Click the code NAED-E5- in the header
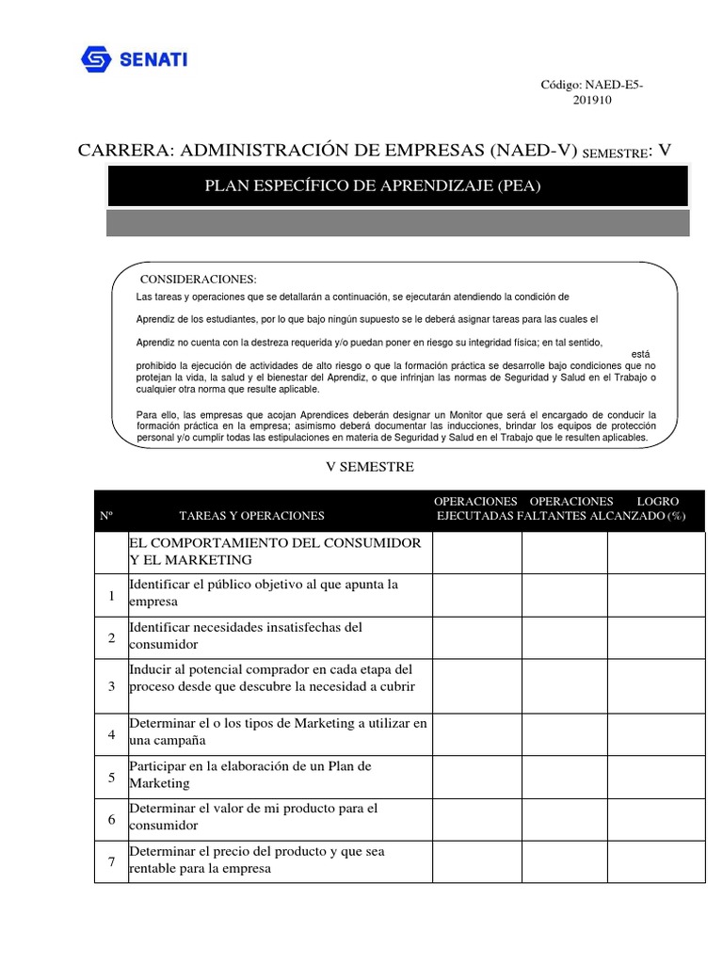point(591,85)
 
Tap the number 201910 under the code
point(592,101)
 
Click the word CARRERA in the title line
point(123,151)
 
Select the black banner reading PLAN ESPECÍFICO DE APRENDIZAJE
point(373,185)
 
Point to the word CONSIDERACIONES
point(198,280)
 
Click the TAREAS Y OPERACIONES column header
point(251,515)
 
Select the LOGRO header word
point(657,501)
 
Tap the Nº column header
point(106,516)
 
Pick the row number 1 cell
point(111,596)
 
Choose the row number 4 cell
point(111,734)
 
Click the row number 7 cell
point(111,862)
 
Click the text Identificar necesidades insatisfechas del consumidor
point(245,635)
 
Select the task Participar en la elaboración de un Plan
point(249,775)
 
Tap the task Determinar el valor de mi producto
point(253,817)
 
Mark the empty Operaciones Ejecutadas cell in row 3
point(477,686)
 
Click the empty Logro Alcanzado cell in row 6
point(655,819)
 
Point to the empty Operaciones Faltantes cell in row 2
point(565,638)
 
